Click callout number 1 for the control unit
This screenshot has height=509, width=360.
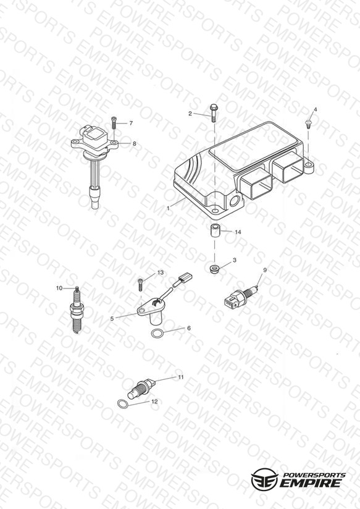(168, 208)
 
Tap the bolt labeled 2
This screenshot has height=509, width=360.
(213, 112)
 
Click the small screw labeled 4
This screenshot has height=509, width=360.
(308, 124)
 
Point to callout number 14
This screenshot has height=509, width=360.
(238, 232)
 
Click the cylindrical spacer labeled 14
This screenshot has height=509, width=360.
(214, 231)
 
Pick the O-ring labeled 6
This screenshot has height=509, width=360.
(157, 333)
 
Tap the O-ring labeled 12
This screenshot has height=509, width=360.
(123, 404)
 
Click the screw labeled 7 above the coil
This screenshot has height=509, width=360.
(114, 123)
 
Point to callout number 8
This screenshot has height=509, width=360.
(135, 143)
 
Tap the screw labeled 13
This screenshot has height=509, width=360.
(141, 285)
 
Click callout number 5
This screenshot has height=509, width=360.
(112, 319)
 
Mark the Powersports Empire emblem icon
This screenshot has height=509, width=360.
(264, 479)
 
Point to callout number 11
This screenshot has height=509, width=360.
(181, 377)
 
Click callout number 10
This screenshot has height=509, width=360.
(59, 288)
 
